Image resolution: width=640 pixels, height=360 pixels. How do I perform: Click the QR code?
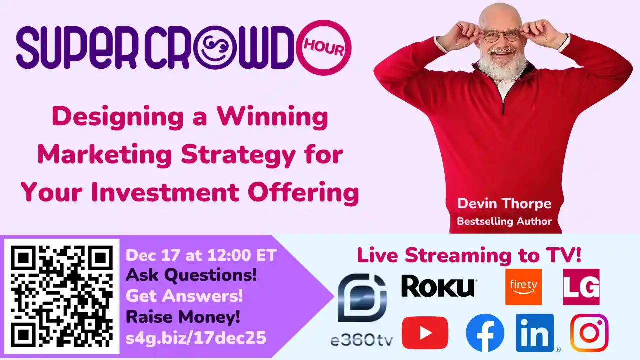click(62, 296)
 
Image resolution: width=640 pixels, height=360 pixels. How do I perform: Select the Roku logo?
click(438, 287)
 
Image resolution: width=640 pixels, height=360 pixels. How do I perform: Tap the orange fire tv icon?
click(523, 287)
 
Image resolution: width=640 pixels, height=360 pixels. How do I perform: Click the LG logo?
click(581, 287)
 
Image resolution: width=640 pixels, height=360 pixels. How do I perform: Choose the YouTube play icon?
click(425, 333)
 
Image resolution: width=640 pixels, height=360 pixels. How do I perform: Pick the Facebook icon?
click(485, 333)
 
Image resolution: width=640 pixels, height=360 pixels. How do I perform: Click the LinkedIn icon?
click(535, 333)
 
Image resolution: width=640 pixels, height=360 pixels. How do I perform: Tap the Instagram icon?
click(589, 333)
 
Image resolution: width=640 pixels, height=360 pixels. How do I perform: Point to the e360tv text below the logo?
click(362, 341)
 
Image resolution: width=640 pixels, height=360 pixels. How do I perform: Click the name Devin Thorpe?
click(504, 204)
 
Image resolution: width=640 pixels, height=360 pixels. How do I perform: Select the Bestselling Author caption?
click(504, 221)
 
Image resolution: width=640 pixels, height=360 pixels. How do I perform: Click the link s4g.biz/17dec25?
click(196, 338)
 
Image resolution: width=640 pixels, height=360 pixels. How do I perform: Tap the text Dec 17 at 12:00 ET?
click(201, 255)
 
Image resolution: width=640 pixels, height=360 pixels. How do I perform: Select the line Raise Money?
click(183, 317)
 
